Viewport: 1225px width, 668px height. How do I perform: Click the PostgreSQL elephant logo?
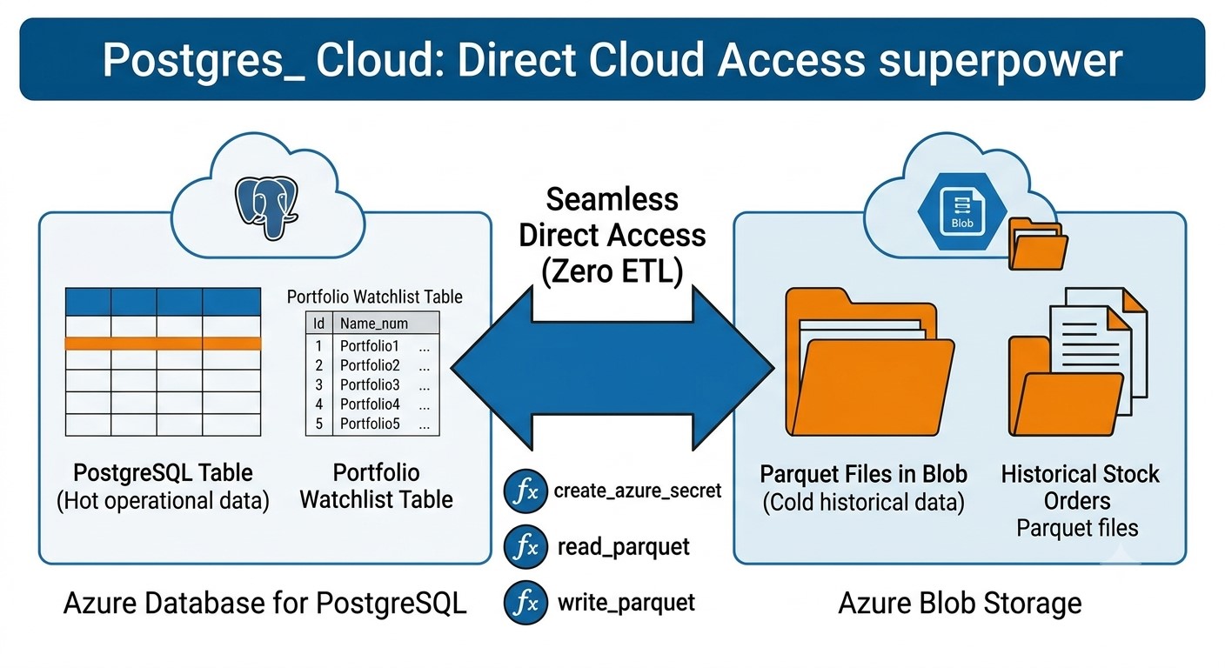pyautogui.click(x=266, y=207)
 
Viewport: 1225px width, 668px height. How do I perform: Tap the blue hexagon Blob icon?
pyautogui.click(x=962, y=211)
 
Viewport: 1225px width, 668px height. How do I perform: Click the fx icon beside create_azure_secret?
pyautogui.click(x=525, y=491)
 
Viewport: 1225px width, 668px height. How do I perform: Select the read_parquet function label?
pyautogui.click(x=624, y=547)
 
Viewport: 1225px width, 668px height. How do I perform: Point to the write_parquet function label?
pyautogui.click(x=626, y=603)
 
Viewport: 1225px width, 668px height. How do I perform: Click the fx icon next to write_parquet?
pyautogui.click(x=525, y=603)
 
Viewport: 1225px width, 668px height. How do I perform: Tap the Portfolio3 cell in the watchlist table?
pyautogui.click(x=370, y=384)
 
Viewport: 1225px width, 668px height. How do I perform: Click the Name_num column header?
pyautogui.click(x=374, y=324)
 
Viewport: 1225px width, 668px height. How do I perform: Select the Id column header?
pyautogui.click(x=318, y=324)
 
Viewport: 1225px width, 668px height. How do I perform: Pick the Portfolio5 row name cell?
pyautogui.click(x=370, y=424)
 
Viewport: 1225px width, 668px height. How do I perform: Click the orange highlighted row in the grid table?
pyautogui.click(x=163, y=344)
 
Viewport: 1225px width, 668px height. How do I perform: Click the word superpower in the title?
pyautogui.click(x=1001, y=60)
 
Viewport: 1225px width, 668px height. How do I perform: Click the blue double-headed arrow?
pyautogui.click(x=612, y=368)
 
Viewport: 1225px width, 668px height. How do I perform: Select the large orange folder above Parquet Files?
pyautogui.click(x=869, y=362)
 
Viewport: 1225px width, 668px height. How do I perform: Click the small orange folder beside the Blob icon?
pyautogui.click(x=1037, y=244)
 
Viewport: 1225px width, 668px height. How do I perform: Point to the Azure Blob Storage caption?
pyautogui.click(x=960, y=604)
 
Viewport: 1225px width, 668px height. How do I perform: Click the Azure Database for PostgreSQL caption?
pyautogui.click(x=264, y=604)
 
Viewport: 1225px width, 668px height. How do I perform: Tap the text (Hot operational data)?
pyautogui.click(x=163, y=501)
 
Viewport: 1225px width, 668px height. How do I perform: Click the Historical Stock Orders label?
pyautogui.click(x=1079, y=487)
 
